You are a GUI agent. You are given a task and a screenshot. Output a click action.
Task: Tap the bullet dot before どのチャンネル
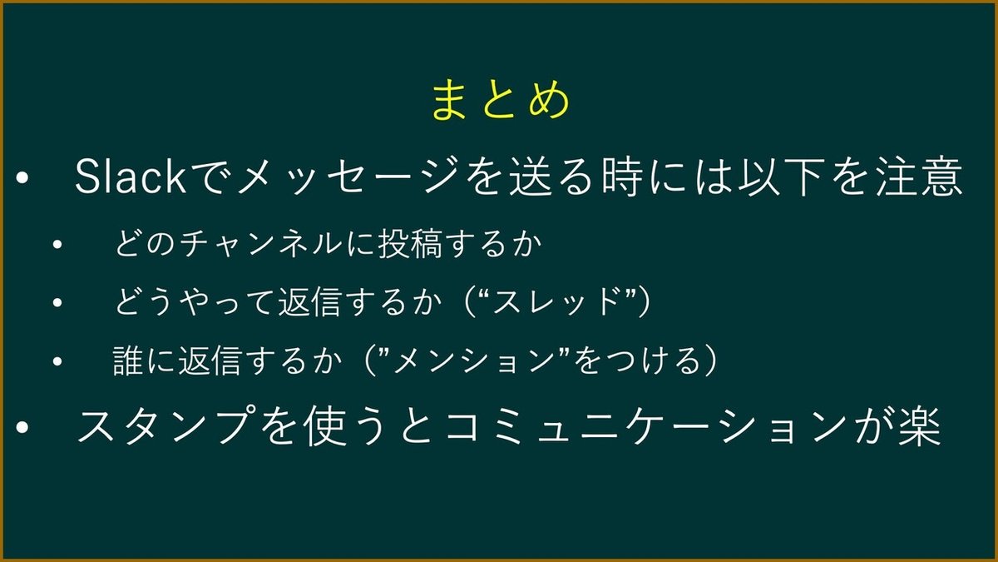[x=57, y=247]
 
